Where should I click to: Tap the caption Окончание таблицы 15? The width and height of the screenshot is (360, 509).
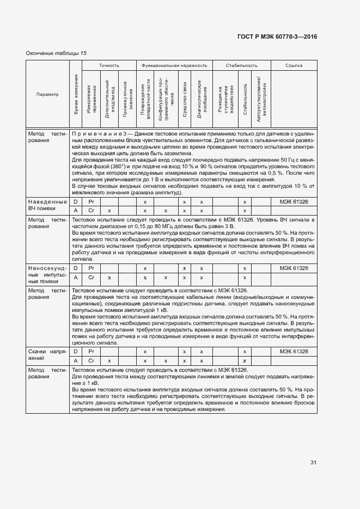coord(57,53)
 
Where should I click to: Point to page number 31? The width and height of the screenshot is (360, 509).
coord(314,463)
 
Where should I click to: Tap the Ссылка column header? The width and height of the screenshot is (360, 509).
coord(294,65)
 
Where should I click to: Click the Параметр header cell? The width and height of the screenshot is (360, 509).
coord(47,94)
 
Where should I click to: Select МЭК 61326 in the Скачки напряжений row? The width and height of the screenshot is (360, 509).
coord(294,352)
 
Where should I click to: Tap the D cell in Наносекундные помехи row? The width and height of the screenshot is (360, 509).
coord(76,268)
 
